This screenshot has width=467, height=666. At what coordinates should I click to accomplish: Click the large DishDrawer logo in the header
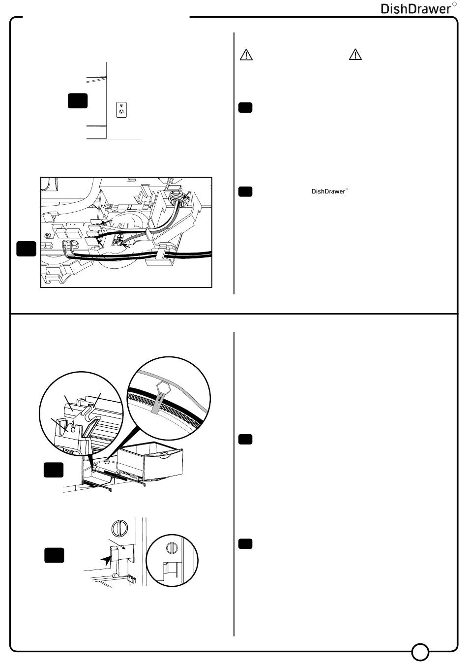(416, 9)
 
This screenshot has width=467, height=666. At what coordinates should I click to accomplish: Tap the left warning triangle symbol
(246, 55)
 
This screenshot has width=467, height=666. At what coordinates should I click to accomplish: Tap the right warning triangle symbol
(355, 55)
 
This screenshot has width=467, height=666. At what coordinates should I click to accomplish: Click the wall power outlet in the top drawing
(121, 109)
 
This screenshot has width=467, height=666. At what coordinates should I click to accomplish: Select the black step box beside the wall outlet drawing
(78, 100)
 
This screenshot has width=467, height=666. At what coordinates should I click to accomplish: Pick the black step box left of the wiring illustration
(26, 249)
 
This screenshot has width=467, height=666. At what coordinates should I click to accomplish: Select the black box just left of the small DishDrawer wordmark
(245, 191)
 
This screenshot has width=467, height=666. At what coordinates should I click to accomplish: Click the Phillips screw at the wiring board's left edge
(48, 237)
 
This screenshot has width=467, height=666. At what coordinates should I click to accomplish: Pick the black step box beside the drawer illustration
(53, 470)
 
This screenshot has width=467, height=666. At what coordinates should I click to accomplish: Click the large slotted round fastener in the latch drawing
(117, 528)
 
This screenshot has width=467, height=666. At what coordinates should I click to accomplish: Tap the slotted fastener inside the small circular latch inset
(172, 547)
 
